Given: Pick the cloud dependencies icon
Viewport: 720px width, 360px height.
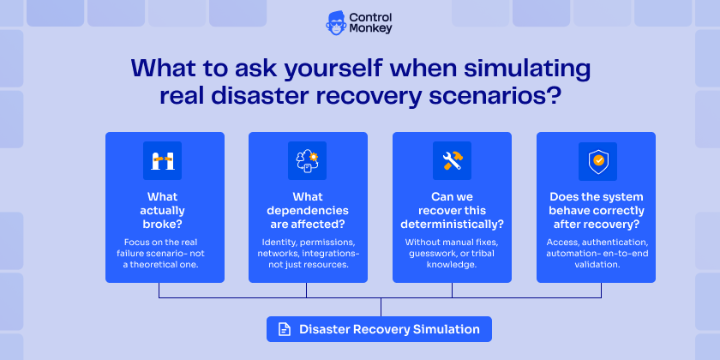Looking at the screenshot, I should coord(308,160).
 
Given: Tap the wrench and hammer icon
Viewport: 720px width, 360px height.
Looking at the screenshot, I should coord(452,160).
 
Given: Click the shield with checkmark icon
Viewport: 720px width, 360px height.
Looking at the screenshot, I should coord(596,160).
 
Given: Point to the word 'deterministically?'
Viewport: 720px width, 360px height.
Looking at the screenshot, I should coord(452,225).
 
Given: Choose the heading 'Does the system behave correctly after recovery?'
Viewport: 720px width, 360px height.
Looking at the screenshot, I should coord(596,210).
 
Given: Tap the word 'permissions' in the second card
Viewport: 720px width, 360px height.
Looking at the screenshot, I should coord(323,243).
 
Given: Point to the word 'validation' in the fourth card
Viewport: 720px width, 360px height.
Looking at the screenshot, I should coord(596,265).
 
